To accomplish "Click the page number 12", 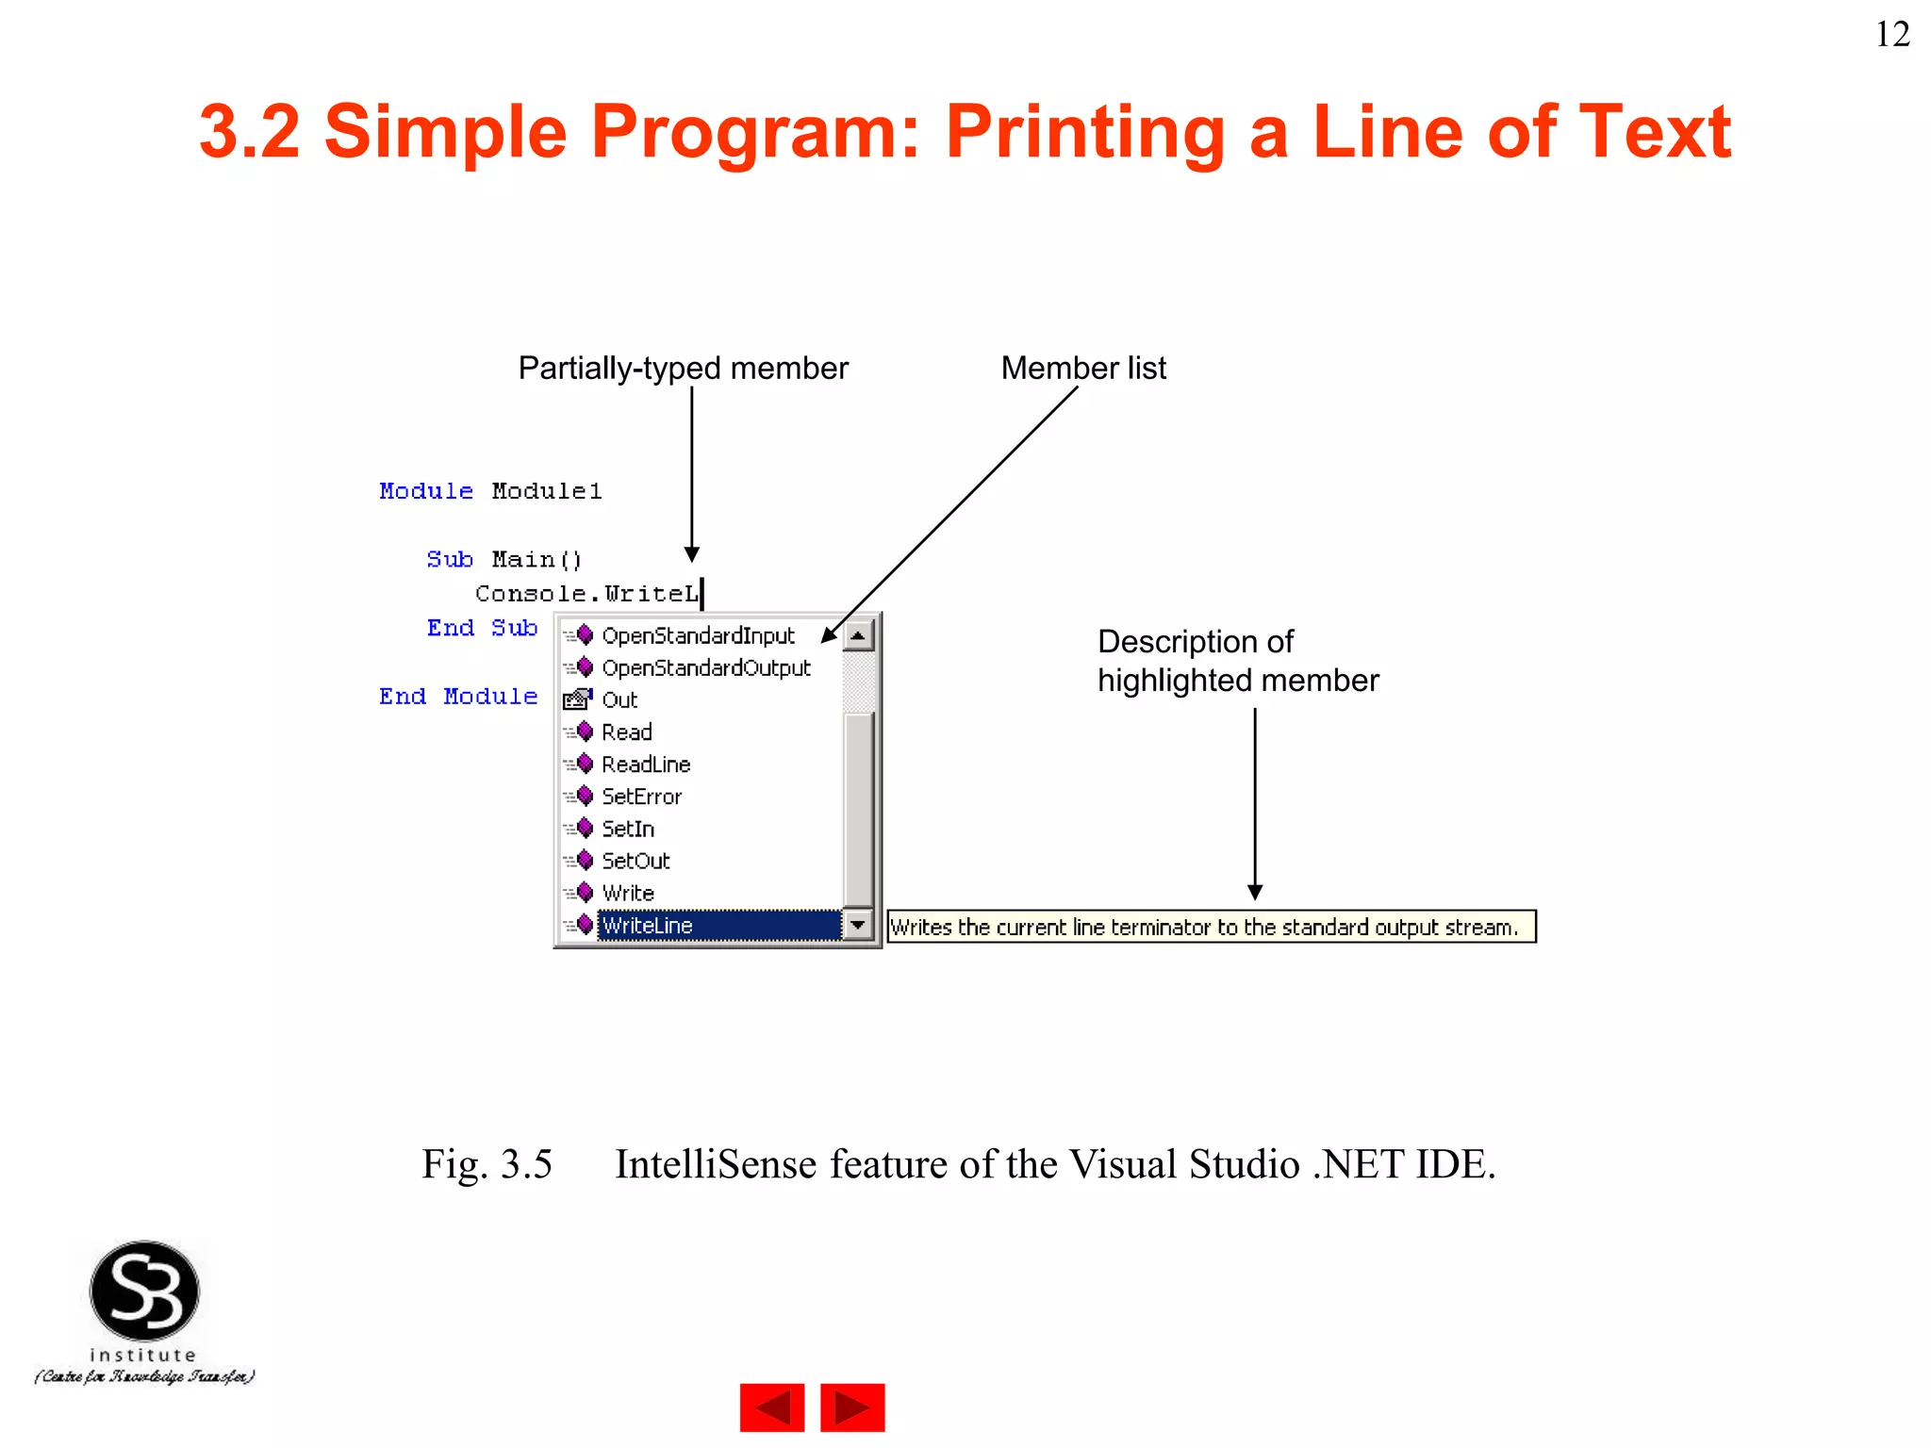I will pyautogui.click(x=1891, y=35).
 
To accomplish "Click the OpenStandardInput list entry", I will pyautogui.click(x=697, y=636).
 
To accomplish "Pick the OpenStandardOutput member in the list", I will pyautogui.click(x=705, y=668).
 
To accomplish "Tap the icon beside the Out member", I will pyautogui.click(x=576, y=699).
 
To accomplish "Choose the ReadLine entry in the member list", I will pyautogui.click(x=646, y=765).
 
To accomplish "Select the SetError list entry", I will pyautogui.click(x=641, y=797).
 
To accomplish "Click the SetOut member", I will pyautogui.click(x=635, y=861).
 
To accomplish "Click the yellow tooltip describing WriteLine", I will pyautogui.click(x=1211, y=927).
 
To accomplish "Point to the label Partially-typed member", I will pyautogui.click(x=683, y=368).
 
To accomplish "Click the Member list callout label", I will pyautogui.click(x=1083, y=368).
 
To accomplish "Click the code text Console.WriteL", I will pyautogui.click(x=586, y=594).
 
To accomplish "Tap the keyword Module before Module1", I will pyautogui.click(x=425, y=491).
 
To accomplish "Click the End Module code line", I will pyautogui.click(x=458, y=697).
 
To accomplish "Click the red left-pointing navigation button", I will pyautogui.click(x=771, y=1407).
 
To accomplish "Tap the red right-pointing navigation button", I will pyautogui.click(x=852, y=1407).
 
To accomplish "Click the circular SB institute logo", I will pyautogui.click(x=144, y=1291).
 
